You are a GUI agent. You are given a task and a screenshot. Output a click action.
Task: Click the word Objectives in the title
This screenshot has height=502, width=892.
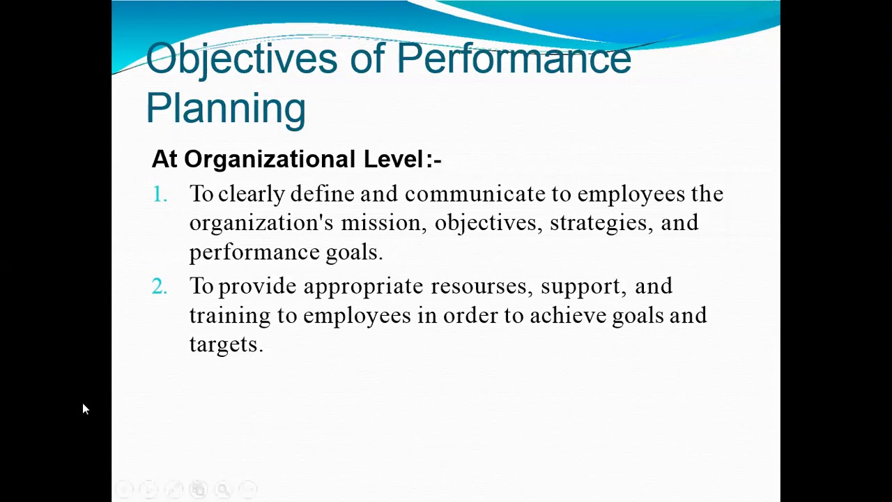pos(241,59)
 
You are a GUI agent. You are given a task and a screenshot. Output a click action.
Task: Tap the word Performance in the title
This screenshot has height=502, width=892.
pos(514,59)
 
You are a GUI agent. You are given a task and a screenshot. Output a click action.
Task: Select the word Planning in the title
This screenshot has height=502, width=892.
pos(226,108)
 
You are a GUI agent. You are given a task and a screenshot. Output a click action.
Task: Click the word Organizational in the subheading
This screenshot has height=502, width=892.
pos(270,160)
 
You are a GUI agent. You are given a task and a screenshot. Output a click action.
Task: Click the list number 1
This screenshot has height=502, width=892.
pos(160,195)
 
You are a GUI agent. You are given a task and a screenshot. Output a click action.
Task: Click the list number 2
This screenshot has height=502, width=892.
pos(160,287)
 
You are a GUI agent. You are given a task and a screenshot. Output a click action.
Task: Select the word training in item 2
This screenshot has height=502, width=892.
pos(230,316)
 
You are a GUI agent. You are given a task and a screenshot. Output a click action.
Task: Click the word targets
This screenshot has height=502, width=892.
pos(225,345)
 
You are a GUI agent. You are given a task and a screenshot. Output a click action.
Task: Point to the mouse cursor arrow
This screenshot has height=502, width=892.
pos(85,409)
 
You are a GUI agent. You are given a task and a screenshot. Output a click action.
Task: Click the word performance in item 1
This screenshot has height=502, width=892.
pos(254,252)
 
